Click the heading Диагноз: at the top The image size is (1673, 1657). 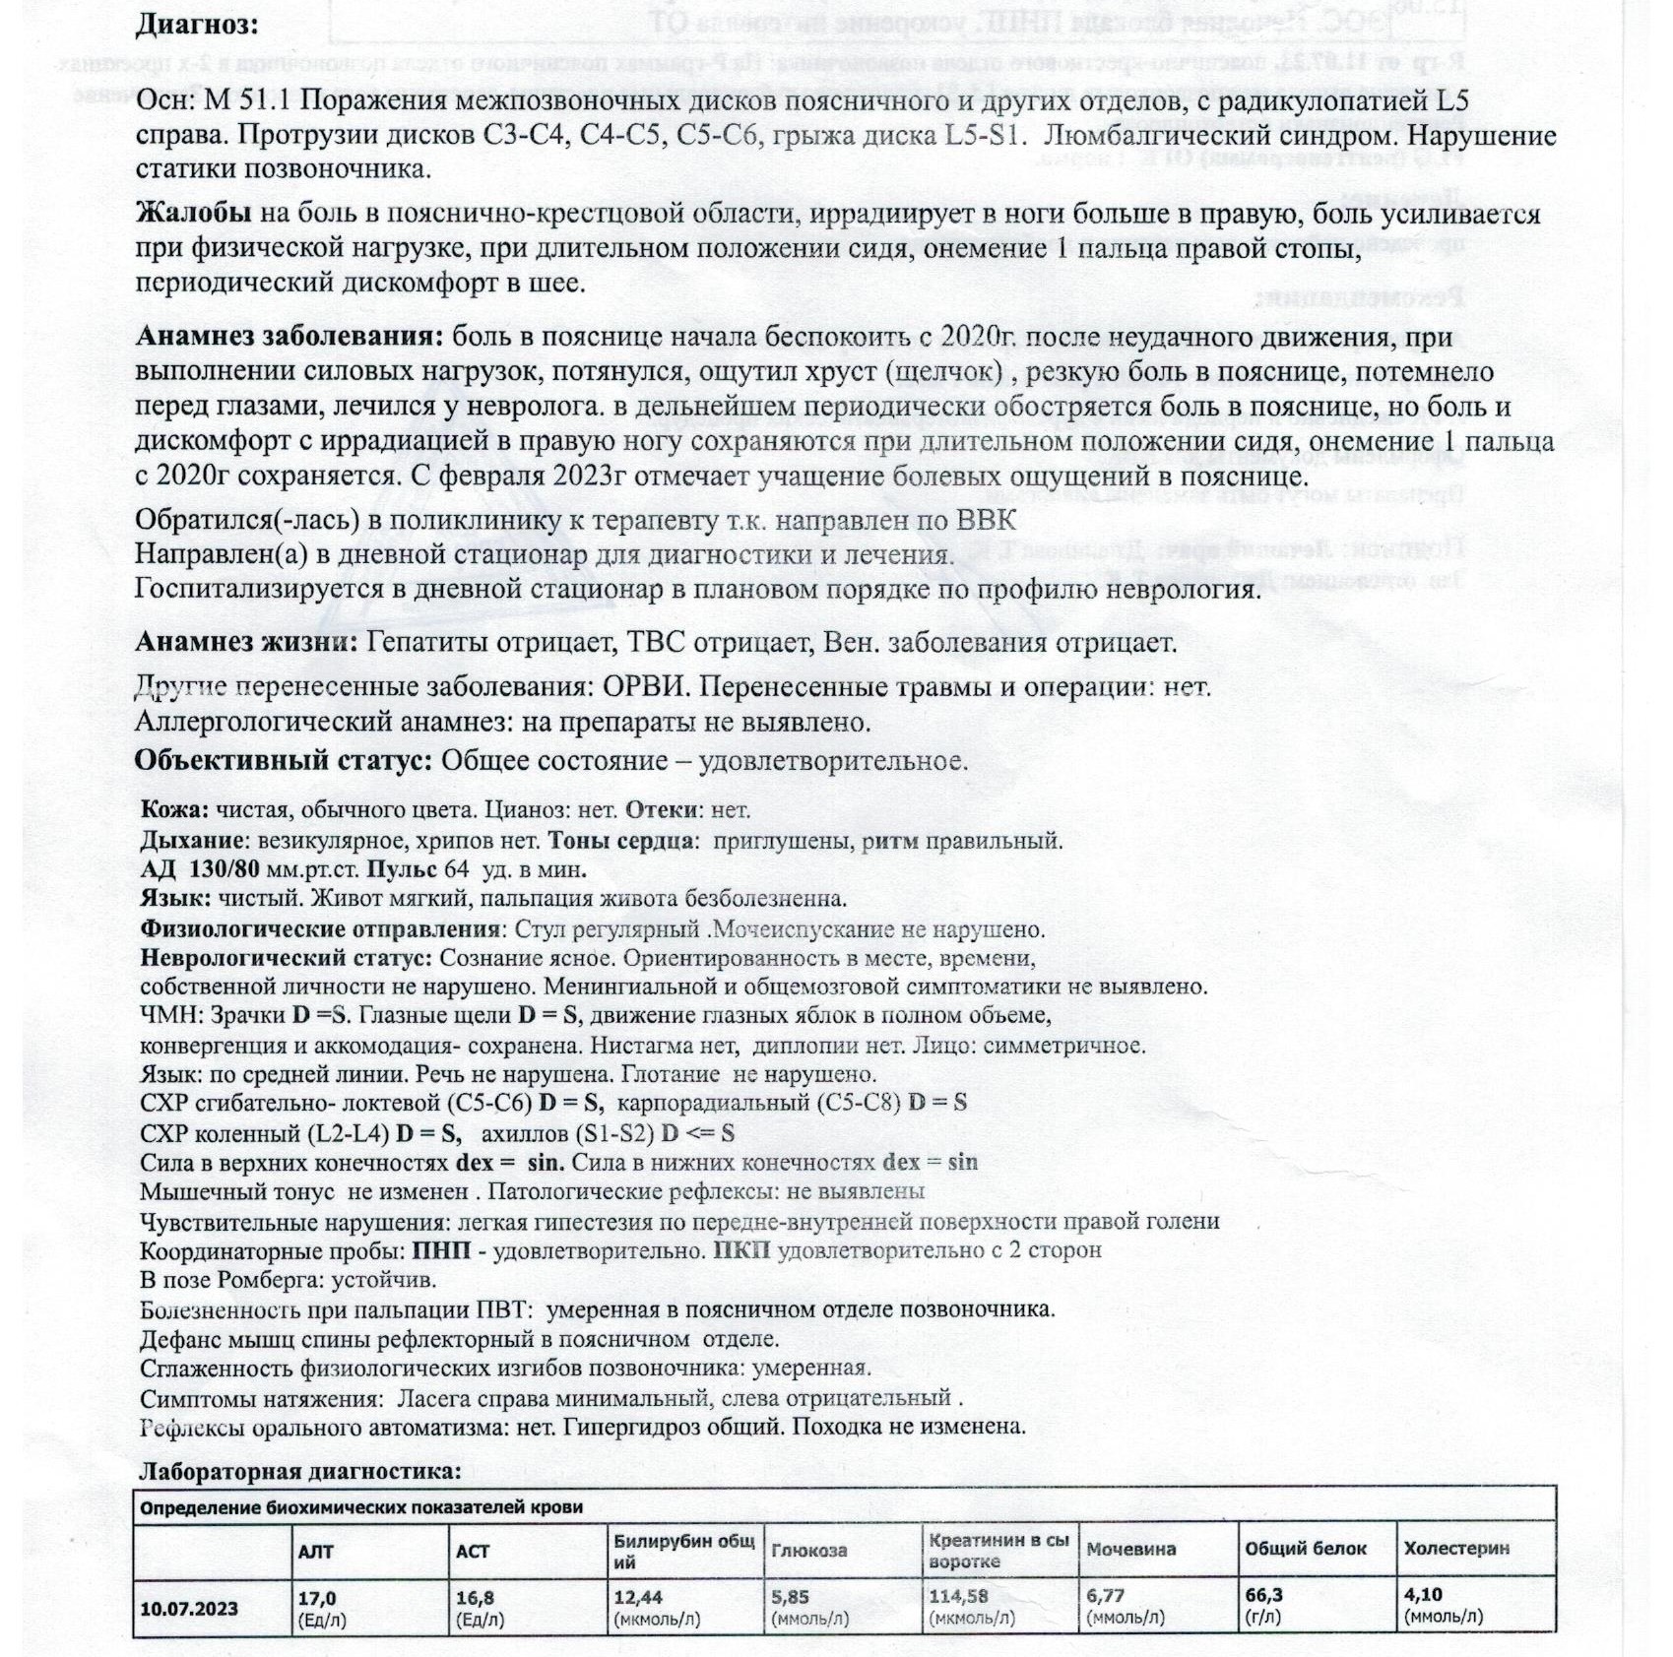coord(197,24)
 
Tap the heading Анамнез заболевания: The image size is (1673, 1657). coord(290,337)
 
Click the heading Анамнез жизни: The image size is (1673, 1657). coord(246,643)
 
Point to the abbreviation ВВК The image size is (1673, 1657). coord(986,520)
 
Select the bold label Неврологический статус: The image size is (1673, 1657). coord(286,957)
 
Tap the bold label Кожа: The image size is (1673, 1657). coord(174,810)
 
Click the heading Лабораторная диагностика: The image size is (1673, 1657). coord(299,1471)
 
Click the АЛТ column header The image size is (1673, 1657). coord(316,1551)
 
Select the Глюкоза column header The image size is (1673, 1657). coord(808,1551)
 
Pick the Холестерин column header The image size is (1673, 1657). coord(1456,1549)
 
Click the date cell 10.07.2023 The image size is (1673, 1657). coord(189,1609)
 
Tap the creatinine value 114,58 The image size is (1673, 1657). coord(958,1597)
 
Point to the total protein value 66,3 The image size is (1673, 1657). coord(1263,1596)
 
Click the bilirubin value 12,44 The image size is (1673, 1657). coord(638,1597)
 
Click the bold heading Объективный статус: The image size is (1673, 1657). coord(284,761)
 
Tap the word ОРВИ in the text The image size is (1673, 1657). coord(644,687)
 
